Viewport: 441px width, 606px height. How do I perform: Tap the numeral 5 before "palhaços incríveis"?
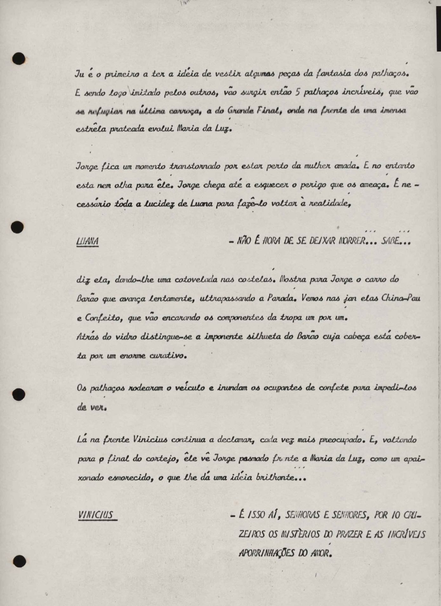point(298,93)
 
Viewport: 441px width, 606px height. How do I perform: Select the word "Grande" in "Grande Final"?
point(241,111)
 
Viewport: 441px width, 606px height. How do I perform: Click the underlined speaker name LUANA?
point(87,242)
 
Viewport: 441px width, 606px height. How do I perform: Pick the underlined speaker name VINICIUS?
point(96,514)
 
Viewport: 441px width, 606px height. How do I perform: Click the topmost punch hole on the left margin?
point(19,59)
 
